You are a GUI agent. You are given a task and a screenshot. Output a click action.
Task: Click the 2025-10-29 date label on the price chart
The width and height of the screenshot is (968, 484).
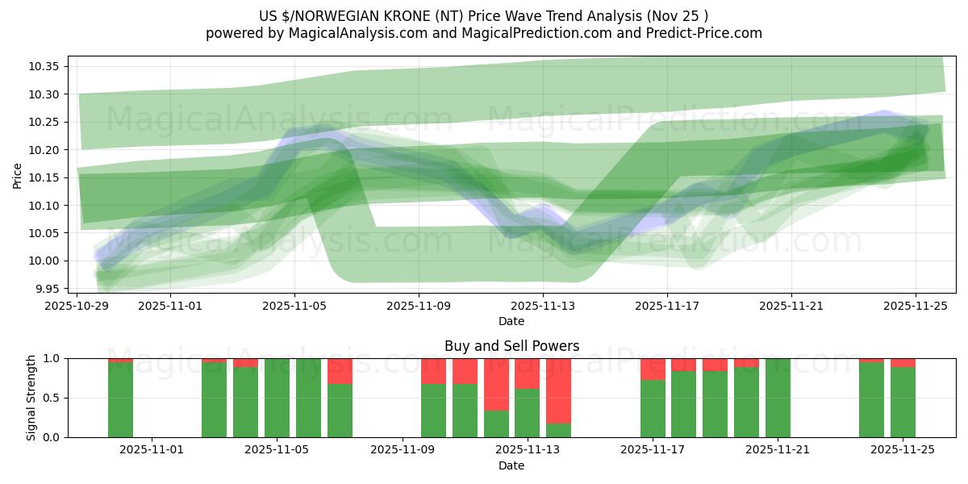[77, 306]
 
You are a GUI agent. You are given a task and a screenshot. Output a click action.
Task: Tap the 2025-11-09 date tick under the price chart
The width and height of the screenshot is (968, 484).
[419, 306]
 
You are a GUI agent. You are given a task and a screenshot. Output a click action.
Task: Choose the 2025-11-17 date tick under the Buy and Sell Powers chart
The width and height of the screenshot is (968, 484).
[652, 450]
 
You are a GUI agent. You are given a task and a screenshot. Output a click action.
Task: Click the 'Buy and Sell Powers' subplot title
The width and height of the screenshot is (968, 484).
[511, 346]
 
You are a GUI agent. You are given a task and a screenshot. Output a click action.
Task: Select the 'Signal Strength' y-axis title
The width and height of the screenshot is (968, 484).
[31, 398]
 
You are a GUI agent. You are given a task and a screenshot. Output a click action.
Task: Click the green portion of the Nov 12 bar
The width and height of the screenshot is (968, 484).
[496, 423]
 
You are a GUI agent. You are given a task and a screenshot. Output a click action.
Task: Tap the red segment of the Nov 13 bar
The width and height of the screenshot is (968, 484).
[527, 373]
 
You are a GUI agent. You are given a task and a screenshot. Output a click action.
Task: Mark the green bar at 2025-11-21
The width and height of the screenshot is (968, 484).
[778, 398]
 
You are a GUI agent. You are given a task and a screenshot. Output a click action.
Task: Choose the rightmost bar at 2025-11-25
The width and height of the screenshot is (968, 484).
[903, 402]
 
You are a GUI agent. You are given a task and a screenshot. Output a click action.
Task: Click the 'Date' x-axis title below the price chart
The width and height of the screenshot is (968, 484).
[511, 321]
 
